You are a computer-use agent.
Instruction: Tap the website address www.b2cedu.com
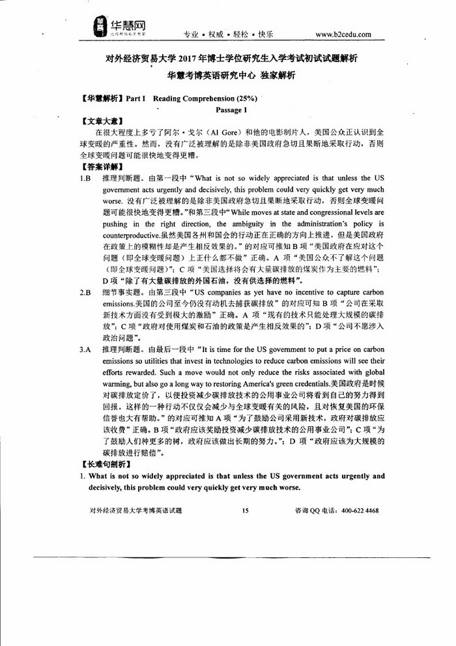pyautogui.click(x=343, y=34)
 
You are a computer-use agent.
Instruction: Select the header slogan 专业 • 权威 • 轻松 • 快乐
pyautogui.click(x=229, y=34)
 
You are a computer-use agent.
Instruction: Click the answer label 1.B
pyautogui.click(x=85, y=178)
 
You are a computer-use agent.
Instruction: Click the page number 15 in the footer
pyautogui.click(x=246, y=511)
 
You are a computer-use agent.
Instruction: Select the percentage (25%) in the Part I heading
pyautogui.click(x=242, y=99)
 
